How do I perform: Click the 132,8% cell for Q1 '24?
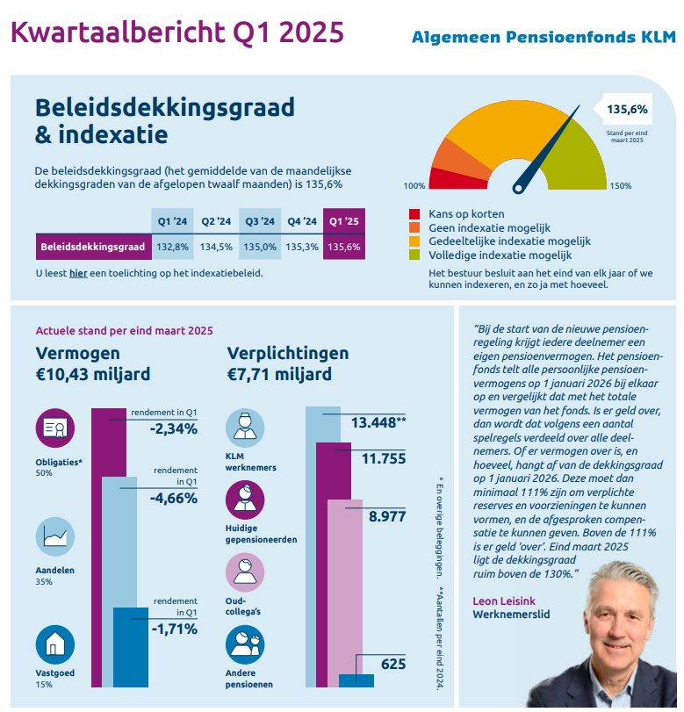point(173,247)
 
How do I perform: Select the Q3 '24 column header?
point(260,221)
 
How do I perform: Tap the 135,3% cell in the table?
point(302,247)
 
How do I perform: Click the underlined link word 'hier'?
point(78,273)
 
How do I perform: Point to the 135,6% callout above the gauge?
point(627,110)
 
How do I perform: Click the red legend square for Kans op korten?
point(414,214)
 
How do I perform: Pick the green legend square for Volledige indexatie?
point(414,255)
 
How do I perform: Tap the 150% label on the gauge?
point(621,186)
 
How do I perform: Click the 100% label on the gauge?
point(414,186)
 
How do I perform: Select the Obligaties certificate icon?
point(55,428)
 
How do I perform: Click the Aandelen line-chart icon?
point(55,536)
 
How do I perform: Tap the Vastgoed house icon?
point(55,644)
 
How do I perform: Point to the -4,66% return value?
point(174,498)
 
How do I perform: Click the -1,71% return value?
point(175,629)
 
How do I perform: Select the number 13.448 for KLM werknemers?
point(374,423)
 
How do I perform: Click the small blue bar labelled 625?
point(356,680)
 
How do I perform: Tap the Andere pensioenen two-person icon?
point(245,644)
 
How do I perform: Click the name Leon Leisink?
point(504,601)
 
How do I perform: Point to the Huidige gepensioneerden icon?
point(245,500)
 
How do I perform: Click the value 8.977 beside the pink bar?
point(387,517)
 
